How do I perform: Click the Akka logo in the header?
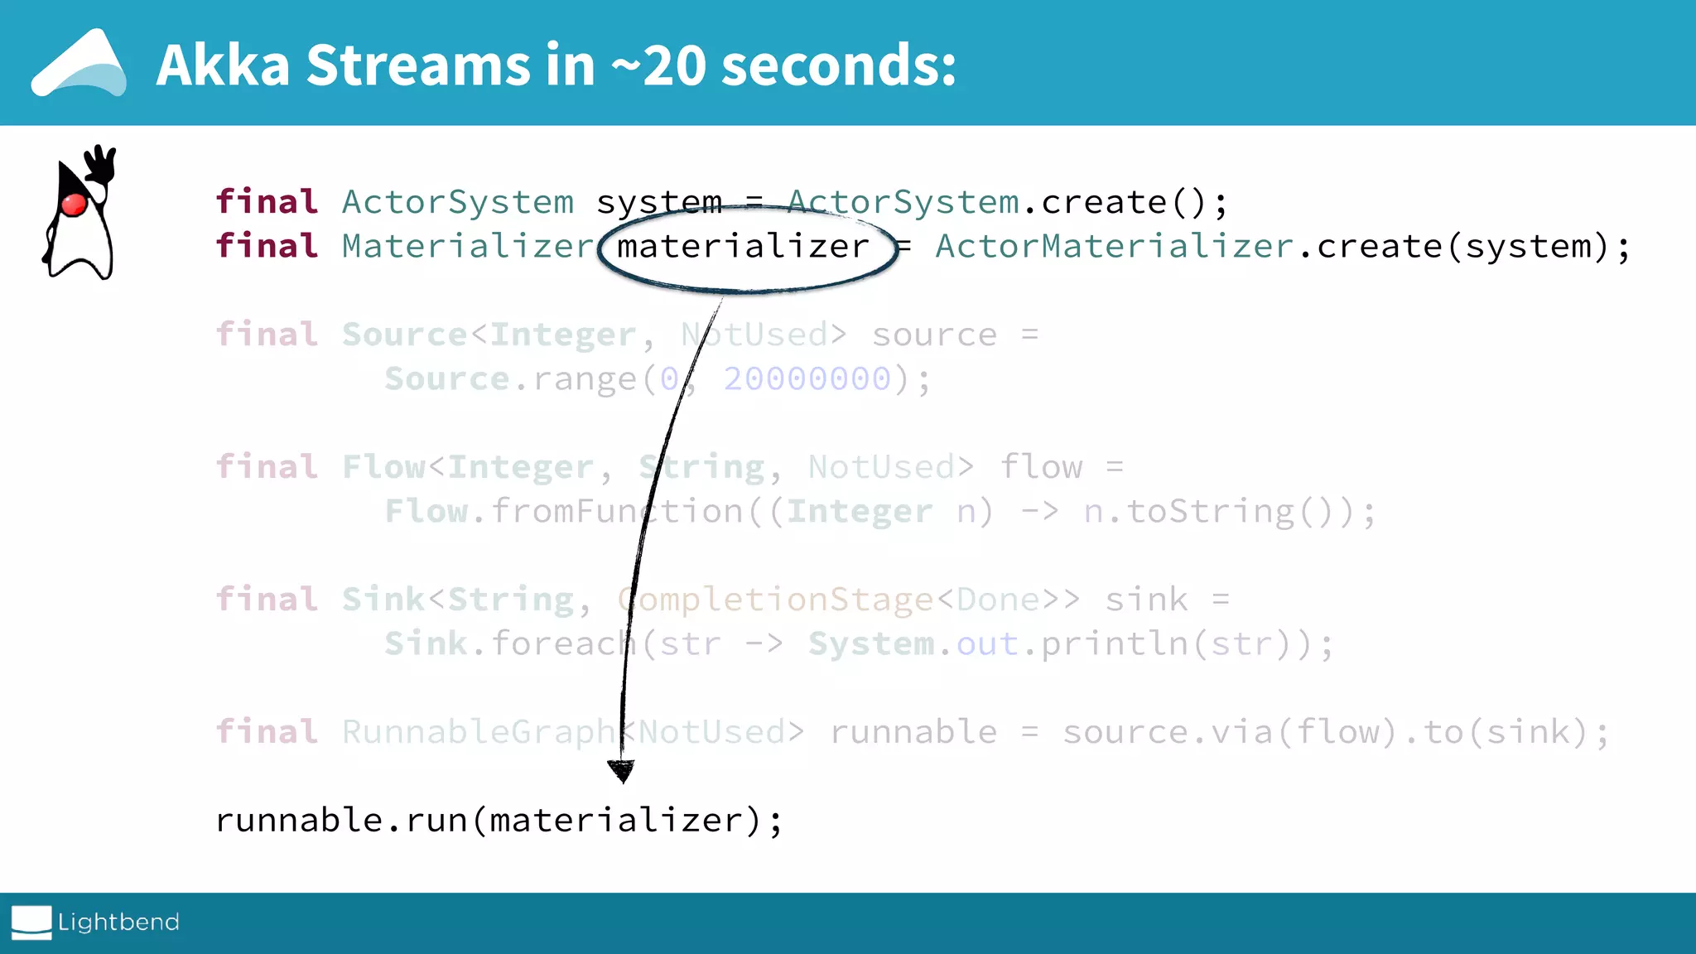click(79, 65)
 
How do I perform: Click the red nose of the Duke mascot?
click(75, 204)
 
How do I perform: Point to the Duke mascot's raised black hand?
click(102, 163)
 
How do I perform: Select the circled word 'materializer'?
click(743, 247)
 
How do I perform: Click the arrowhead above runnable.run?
click(621, 771)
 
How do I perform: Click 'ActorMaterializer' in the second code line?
click(1114, 247)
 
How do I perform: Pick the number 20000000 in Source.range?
click(807, 379)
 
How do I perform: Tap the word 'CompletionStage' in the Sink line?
click(775, 600)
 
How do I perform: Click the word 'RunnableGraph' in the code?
click(479, 732)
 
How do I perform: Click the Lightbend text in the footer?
click(118, 922)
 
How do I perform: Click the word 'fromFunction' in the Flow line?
click(617, 512)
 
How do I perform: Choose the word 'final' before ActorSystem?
click(267, 202)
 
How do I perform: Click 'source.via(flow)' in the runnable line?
click(1228, 732)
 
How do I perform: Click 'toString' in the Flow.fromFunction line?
click(1209, 512)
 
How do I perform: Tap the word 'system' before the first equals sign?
click(659, 202)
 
